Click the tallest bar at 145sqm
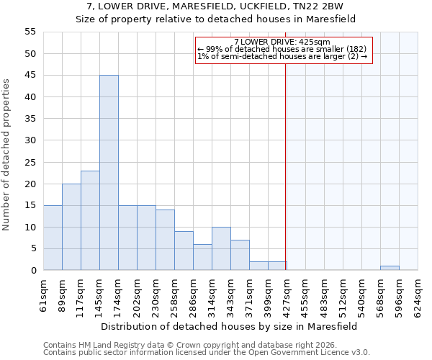tap(109, 173)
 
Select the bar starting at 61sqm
tap(53, 238)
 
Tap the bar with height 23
tap(90, 220)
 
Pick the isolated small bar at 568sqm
tap(390, 268)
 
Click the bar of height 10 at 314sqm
tap(221, 248)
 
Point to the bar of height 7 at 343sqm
tap(240, 255)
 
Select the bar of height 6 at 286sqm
tap(202, 257)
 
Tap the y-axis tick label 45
tap(30, 76)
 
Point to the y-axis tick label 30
tap(30, 140)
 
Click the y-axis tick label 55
tap(30, 32)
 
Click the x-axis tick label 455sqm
tap(306, 295)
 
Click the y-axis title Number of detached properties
tap(6, 155)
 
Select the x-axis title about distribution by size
tap(229, 326)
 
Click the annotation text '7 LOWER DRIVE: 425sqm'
tap(282, 42)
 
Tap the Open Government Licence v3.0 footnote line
tap(207, 353)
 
